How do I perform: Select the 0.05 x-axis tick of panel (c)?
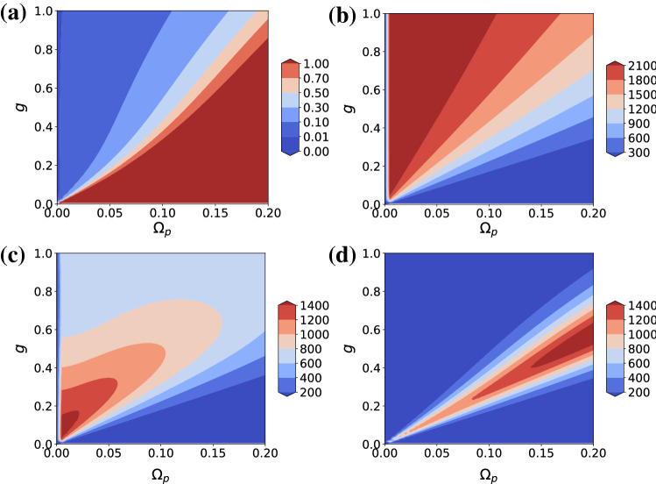tap(109, 455)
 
